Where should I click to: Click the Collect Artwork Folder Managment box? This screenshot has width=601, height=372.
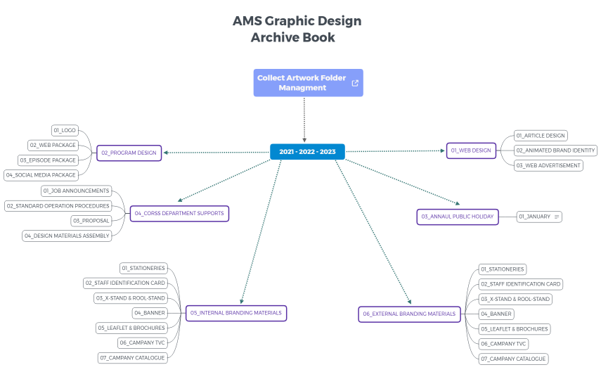coord(308,83)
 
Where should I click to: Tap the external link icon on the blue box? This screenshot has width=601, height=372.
coord(355,83)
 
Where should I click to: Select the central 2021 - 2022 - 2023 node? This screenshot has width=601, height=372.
coord(307,152)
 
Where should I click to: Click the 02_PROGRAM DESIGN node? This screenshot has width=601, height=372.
coord(129,153)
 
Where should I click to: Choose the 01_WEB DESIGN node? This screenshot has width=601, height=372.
coord(471,150)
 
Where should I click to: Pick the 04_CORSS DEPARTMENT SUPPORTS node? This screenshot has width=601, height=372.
coord(179,214)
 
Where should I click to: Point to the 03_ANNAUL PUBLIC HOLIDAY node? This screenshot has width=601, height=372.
coord(458,217)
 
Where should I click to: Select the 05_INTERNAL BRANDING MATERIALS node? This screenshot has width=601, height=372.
coord(236,314)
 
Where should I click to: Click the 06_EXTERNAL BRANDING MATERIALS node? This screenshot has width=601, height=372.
coord(409,314)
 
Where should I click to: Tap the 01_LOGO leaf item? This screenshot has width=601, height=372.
coord(65,130)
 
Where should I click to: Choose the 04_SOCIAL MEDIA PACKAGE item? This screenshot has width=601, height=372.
coord(41,175)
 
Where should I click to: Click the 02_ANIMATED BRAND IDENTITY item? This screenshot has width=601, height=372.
coord(555,150)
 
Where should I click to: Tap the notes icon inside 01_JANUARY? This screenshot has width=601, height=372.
coord(557,217)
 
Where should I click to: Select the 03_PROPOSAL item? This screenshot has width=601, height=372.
coord(91,221)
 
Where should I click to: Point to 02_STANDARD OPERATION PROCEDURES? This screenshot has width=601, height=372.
coord(58,206)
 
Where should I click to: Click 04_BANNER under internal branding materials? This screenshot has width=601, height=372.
coord(150,314)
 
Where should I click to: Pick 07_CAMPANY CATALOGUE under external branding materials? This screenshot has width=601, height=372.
coord(514,359)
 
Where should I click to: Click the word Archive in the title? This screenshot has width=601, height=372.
coord(270,37)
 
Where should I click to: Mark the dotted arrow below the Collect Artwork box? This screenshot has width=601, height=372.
coord(304,120)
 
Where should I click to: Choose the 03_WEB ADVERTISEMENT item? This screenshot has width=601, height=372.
coord(548,166)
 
